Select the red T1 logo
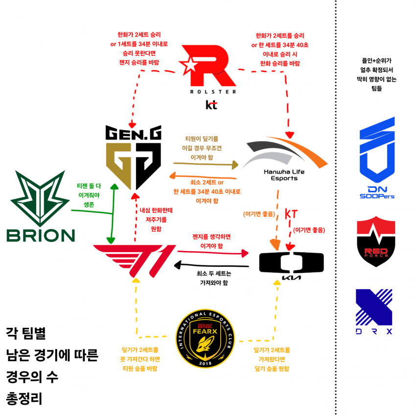click(x=135, y=257)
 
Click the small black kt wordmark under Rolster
click(x=211, y=105)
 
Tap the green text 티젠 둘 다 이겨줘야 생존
click(x=89, y=194)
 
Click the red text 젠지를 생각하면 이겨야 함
click(x=211, y=240)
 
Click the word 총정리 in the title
click(x=24, y=398)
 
